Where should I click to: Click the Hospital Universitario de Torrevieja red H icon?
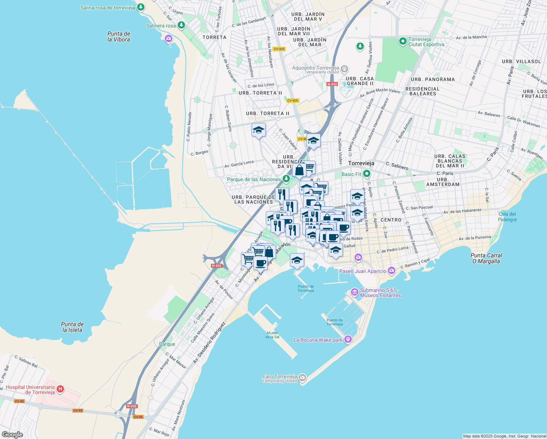pos(61,389)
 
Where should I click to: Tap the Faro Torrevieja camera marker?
pos(302,377)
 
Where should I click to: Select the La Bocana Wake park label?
pos(318,340)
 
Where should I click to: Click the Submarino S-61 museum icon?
pos(354,292)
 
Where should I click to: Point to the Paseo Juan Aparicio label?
pos(362,271)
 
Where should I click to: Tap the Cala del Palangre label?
pos(507,217)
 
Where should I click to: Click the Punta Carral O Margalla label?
pos(486,258)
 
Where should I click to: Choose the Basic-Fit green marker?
pos(367,174)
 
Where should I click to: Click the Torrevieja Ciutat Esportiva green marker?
pos(403,41)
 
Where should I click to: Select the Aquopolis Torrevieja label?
pos(316,68)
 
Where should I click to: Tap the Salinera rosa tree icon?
pos(181,25)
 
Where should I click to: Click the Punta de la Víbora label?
pos(118,37)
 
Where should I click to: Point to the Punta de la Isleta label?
pos(72,327)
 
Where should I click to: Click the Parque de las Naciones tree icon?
pos(286,179)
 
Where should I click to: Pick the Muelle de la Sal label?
pos(272,335)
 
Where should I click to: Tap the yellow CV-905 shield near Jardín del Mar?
pos(279,49)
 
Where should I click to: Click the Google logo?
pos(12,435)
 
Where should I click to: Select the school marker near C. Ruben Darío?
pos(259,130)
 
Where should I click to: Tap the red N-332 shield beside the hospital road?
pos(132,406)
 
